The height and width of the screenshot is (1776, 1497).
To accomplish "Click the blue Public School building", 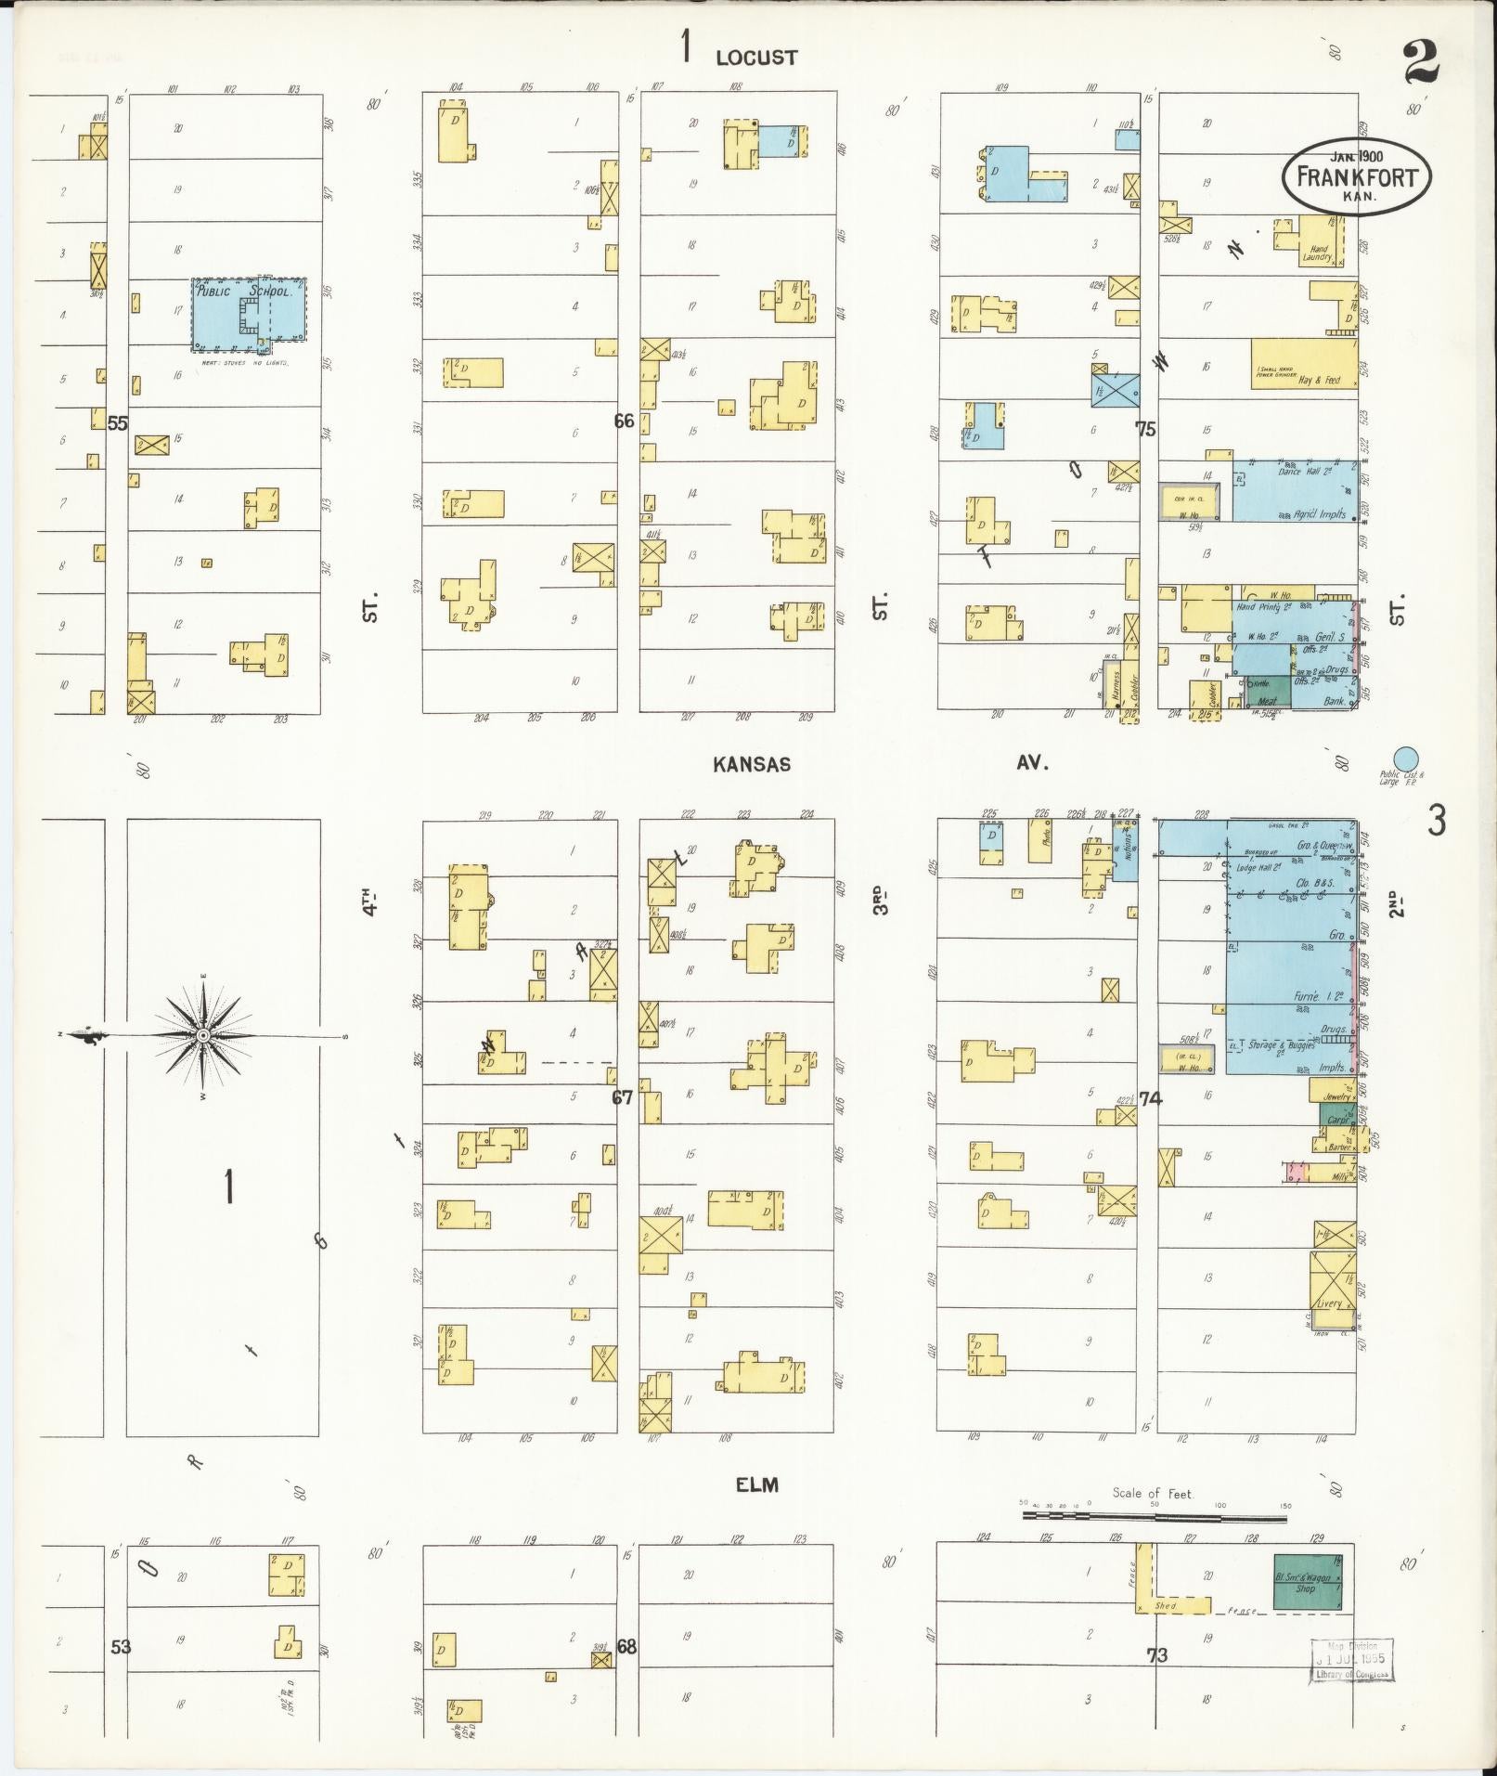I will [x=249, y=314].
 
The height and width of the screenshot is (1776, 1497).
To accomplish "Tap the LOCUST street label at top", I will [x=755, y=58].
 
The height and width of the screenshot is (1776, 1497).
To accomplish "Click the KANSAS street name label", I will [x=752, y=764].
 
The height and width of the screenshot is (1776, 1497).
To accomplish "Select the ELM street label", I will [x=756, y=1485].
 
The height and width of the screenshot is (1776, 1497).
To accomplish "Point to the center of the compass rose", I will [x=202, y=1034].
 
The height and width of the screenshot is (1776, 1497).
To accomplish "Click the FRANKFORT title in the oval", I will [x=1357, y=176].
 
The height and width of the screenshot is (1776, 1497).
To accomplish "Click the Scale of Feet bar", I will [x=1155, y=1516].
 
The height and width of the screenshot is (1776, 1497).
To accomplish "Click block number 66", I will [x=624, y=421].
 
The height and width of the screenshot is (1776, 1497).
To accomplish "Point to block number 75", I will [x=1146, y=429].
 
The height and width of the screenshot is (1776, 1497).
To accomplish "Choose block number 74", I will [x=1150, y=1099].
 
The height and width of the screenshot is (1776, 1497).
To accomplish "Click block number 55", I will [x=117, y=423].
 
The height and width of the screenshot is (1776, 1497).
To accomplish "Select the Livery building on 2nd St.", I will [x=1332, y=1281].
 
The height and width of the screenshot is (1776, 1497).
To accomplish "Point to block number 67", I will [x=622, y=1098].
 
